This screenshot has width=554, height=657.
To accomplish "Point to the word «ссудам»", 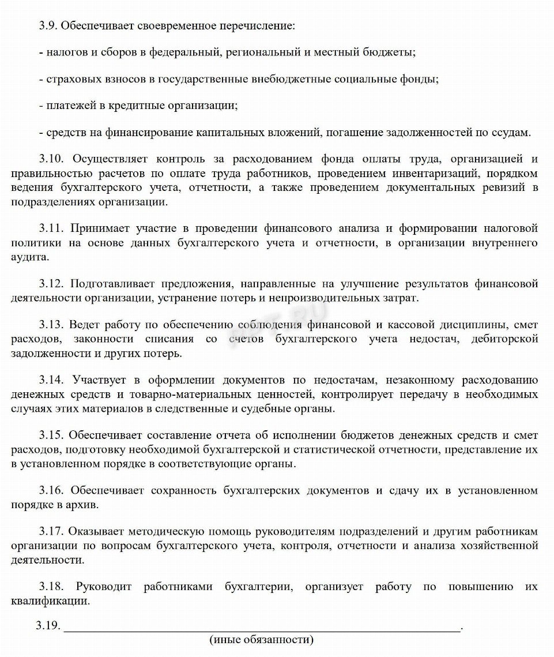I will click(510, 132).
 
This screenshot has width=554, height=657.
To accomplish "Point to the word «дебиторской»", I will click(506, 339).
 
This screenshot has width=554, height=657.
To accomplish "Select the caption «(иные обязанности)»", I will click(262, 640).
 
